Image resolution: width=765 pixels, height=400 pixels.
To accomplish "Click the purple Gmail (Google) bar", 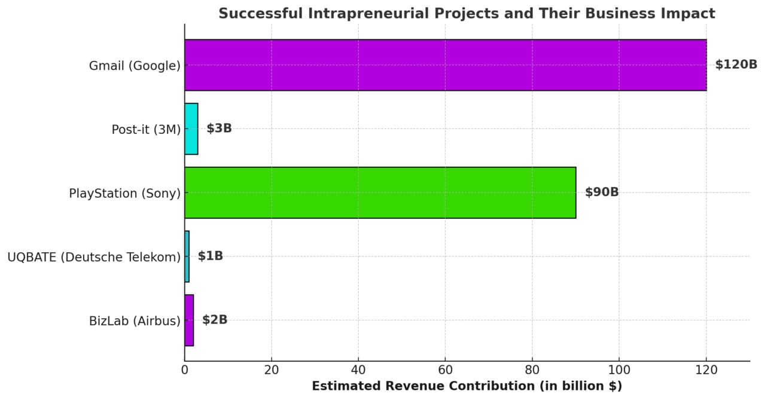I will (x=445, y=65).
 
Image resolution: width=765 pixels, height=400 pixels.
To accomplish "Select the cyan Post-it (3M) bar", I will (x=191, y=129).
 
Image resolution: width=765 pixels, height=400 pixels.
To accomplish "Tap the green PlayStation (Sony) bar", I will (x=380, y=193).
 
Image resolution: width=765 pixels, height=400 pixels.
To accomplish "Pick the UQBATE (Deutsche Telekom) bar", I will (x=187, y=257).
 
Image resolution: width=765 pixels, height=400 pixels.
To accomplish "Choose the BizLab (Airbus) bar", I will (x=189, y=320).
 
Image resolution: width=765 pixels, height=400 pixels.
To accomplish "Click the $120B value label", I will (x=736, y=65).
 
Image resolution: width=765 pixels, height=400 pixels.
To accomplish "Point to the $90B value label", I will (x=602, y=193).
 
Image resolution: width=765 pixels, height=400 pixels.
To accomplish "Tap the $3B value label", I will (x=219, y=129).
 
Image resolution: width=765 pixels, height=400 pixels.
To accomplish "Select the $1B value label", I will (x=211, y=257).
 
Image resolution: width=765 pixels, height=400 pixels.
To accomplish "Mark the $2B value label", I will (x=215, y=320).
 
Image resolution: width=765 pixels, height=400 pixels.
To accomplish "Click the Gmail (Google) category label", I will (x=135, y=66).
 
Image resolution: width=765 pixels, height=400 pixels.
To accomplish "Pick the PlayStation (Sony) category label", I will (x=124, y=193).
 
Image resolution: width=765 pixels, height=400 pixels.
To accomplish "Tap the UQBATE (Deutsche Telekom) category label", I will (x=94, y=257).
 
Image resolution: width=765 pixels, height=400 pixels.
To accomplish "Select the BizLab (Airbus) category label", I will (x=135, y=321).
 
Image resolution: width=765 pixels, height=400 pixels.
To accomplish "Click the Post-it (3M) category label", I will (x=146, y=129).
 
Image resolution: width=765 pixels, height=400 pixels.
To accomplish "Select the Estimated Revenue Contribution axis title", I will (x=467, y=386).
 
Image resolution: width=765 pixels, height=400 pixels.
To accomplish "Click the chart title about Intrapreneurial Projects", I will (x=467, y=13).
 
